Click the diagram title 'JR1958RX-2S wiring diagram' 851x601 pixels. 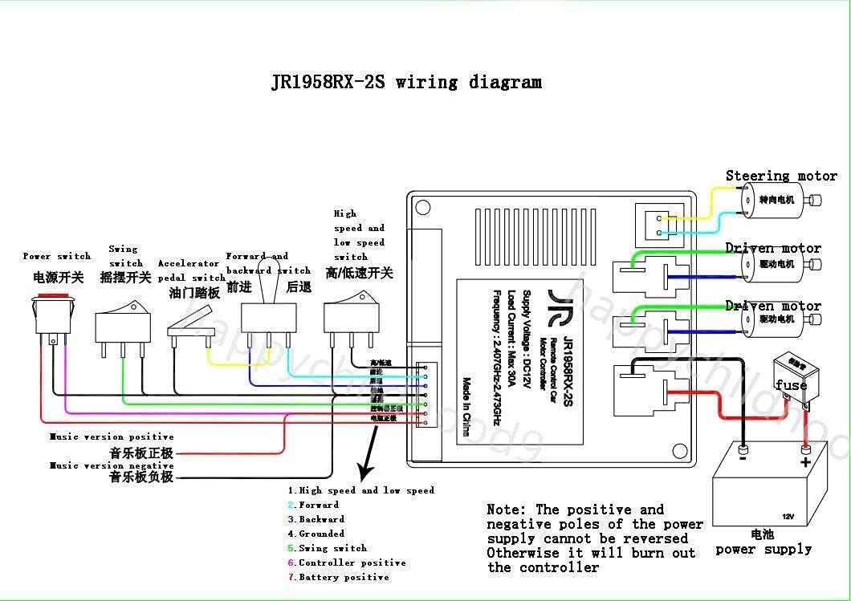(405, 82)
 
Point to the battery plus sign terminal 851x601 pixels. (805, 462)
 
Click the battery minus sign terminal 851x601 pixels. (743, 462)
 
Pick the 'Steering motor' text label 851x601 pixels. (780, 176)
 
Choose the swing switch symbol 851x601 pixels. (122, 327)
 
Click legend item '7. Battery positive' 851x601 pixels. (339, 577)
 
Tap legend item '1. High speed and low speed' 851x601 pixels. (361, 490)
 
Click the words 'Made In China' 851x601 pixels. (466, 407)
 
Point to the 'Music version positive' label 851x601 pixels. (112, 437)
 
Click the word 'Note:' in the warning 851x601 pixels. (507, 510)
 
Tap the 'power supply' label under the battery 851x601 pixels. (763, 550)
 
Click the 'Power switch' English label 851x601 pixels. (56, 256)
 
